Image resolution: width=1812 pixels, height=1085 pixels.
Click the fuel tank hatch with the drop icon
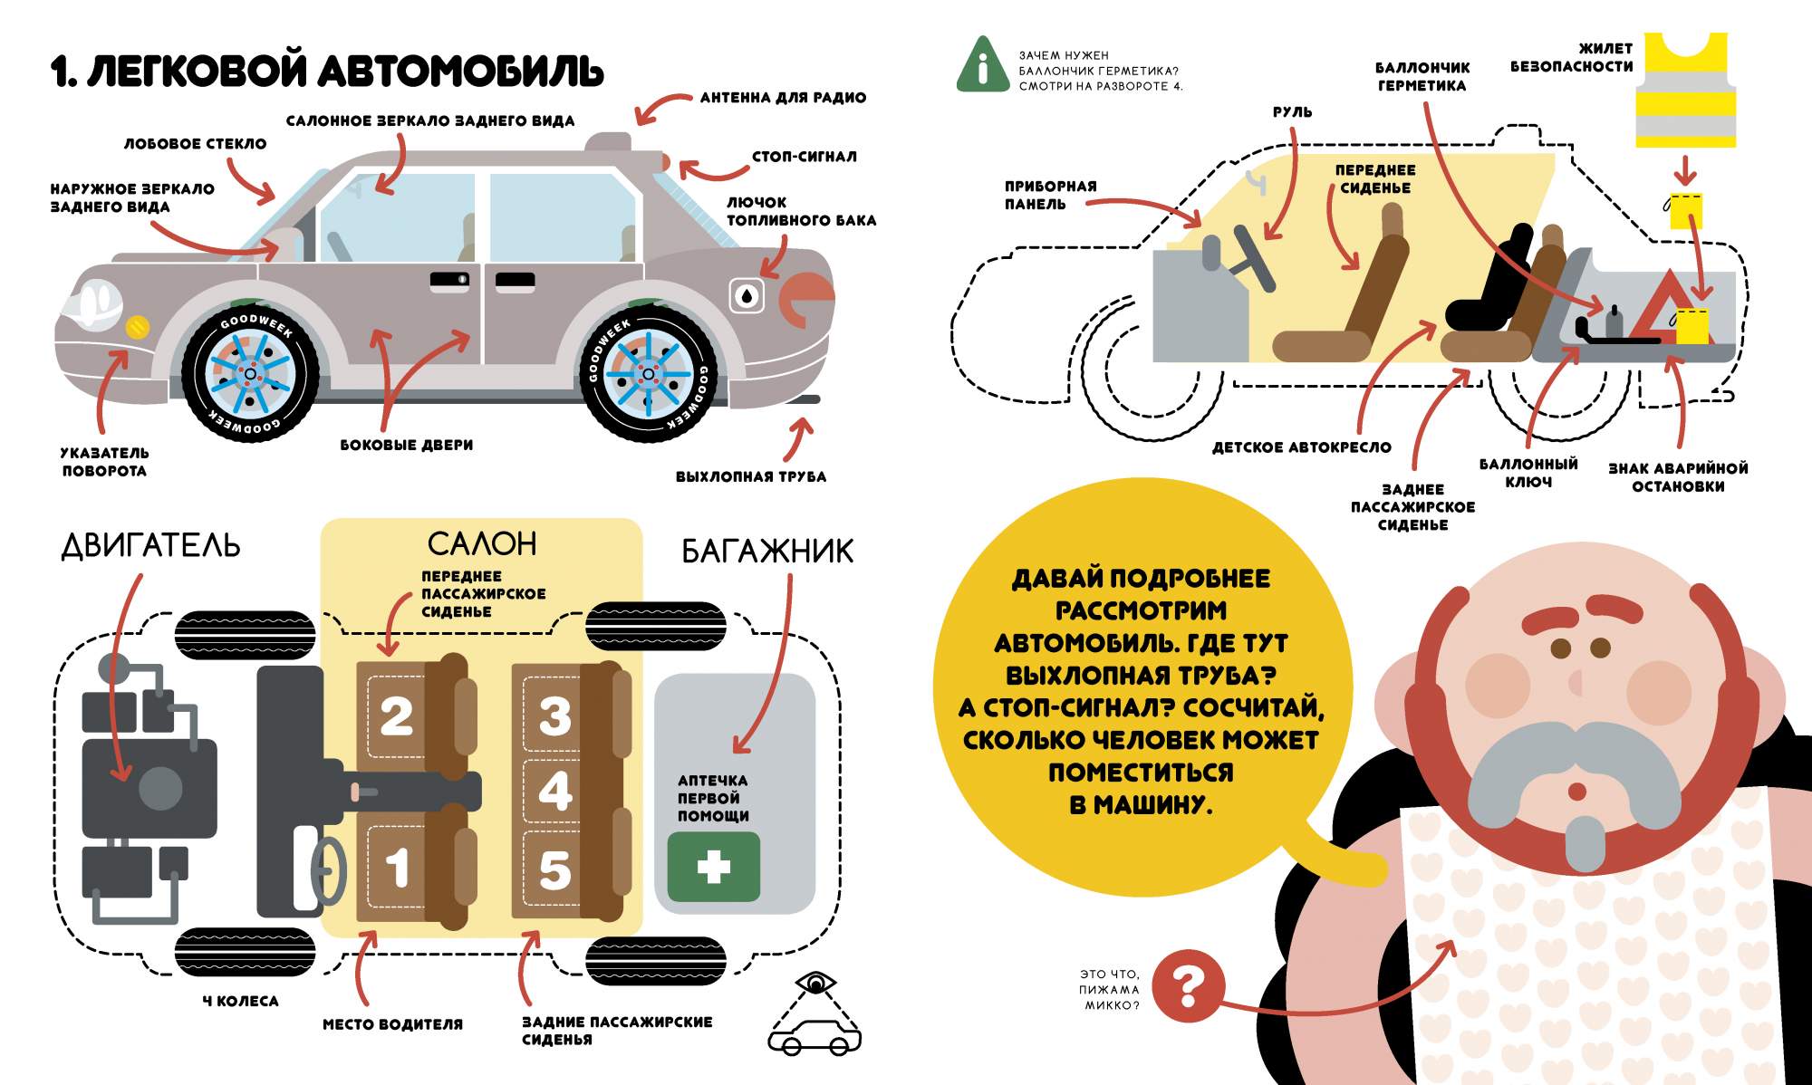747,295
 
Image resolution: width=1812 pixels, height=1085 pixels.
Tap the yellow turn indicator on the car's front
137,327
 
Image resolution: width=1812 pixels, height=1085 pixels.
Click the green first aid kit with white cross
713,867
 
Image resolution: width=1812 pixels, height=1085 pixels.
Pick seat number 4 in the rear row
554,791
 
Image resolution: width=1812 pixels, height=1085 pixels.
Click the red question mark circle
1189,986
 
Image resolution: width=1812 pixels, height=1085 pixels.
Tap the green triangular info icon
982,66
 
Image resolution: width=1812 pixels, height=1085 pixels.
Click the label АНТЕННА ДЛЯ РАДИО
783,98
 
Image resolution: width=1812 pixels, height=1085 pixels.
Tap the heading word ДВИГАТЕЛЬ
150,545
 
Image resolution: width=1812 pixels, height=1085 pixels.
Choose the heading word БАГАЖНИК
766,551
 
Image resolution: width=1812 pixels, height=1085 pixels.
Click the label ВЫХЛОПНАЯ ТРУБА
750,476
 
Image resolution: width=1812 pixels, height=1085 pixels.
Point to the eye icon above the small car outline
816,982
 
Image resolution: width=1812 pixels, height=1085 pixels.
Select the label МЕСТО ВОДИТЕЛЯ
392,1024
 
